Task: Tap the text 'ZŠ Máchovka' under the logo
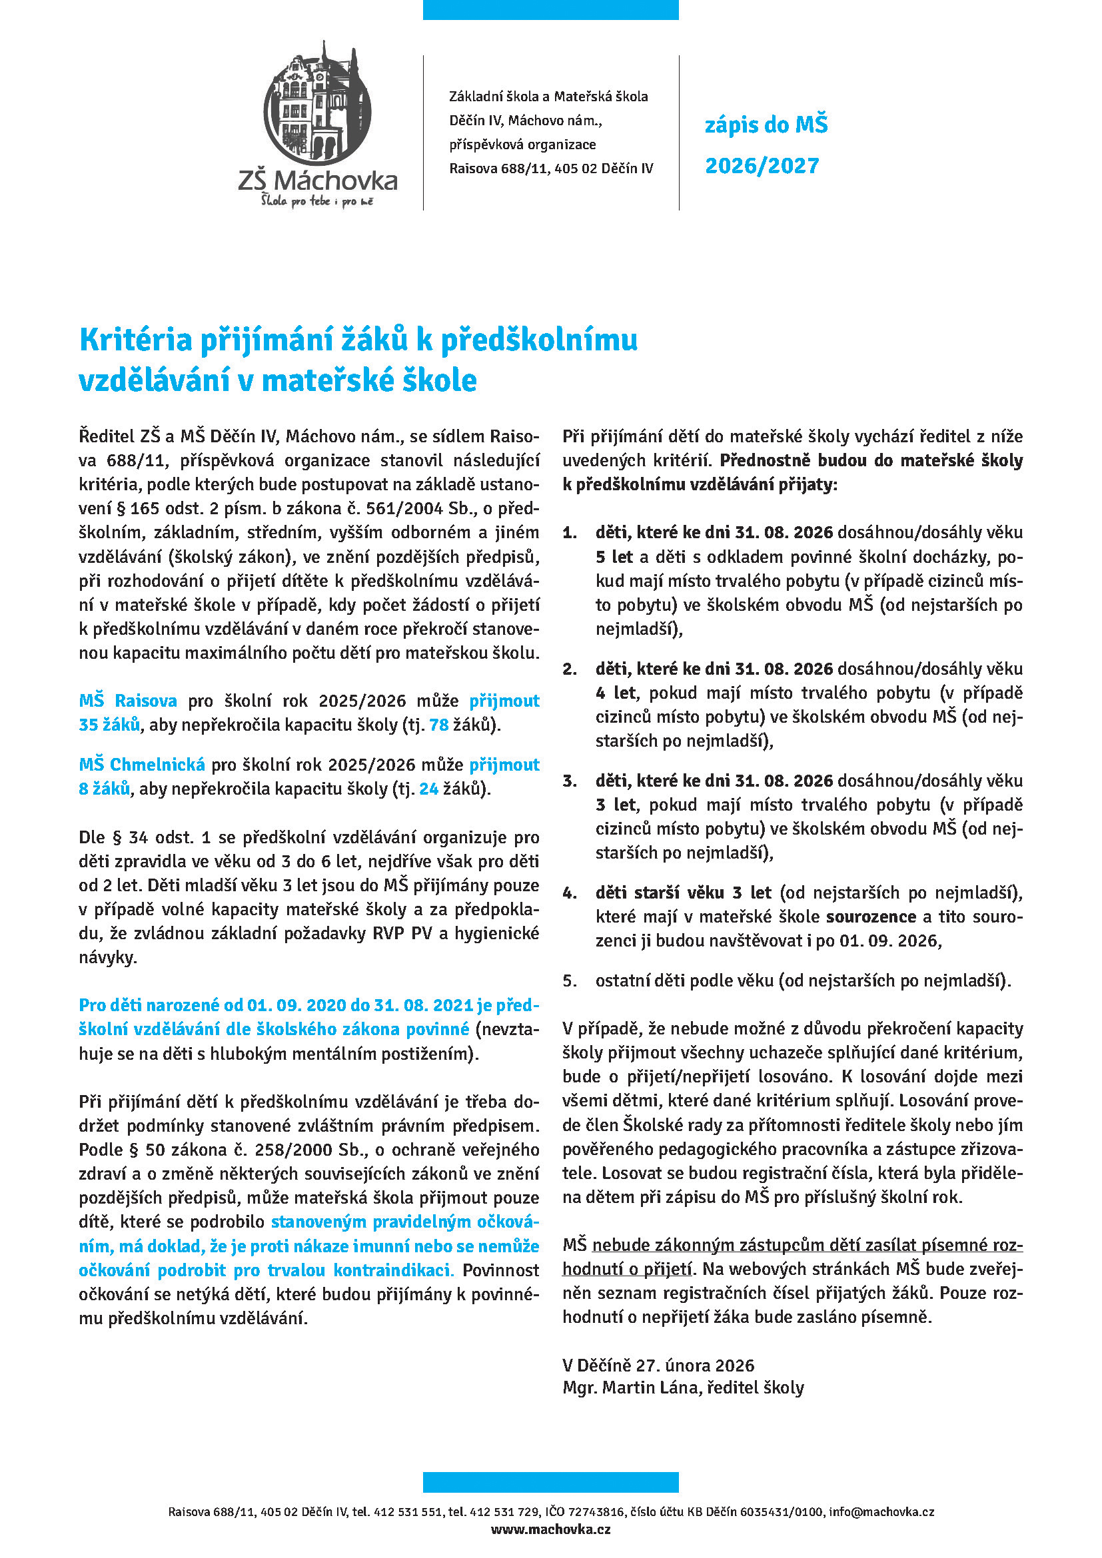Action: pos(318,181)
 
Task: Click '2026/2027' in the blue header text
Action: pos(762,166)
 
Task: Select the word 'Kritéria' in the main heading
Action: pos(135,339)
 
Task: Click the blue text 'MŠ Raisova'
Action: pos(127,700)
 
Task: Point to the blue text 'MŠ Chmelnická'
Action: pos(141,765)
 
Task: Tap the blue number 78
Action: pos(439,725)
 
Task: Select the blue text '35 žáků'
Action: pos(109,725)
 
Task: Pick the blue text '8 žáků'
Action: pos(104,789)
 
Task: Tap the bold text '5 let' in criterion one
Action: pos(614,557)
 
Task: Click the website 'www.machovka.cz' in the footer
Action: pos(550,1529)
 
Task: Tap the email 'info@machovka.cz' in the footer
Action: pos(881,1512)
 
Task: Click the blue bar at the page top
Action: pos(550,9)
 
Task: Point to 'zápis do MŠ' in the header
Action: pos(766,125)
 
